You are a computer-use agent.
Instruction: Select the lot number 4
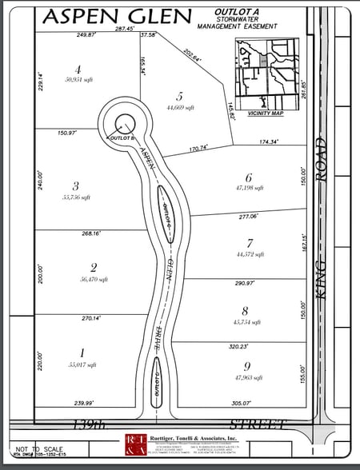tap(78, 69)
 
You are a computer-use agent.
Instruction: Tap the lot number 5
tap(180, 95)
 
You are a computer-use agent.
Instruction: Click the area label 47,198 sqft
tap(249, 189)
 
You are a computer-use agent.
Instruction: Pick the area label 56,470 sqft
tap(94, 280)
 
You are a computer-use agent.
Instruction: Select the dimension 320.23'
tap(237, 346)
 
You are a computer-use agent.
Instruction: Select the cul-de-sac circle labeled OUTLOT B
tap(124, 123)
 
